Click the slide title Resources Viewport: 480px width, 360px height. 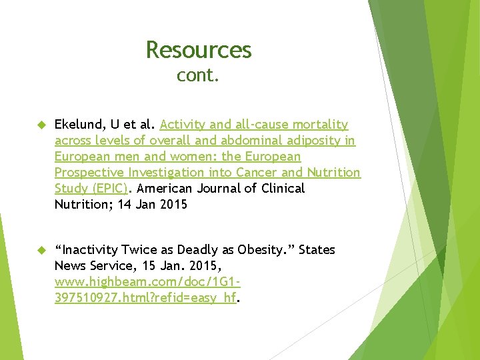(198, 50)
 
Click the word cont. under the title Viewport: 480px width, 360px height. (198, 76)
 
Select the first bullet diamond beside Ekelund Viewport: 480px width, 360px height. (39, 125)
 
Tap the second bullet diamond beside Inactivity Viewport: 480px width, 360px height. (39, 250)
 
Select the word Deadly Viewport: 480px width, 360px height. (189, 250)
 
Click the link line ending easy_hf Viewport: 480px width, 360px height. (145, 298)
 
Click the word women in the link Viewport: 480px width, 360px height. (165, 157)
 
